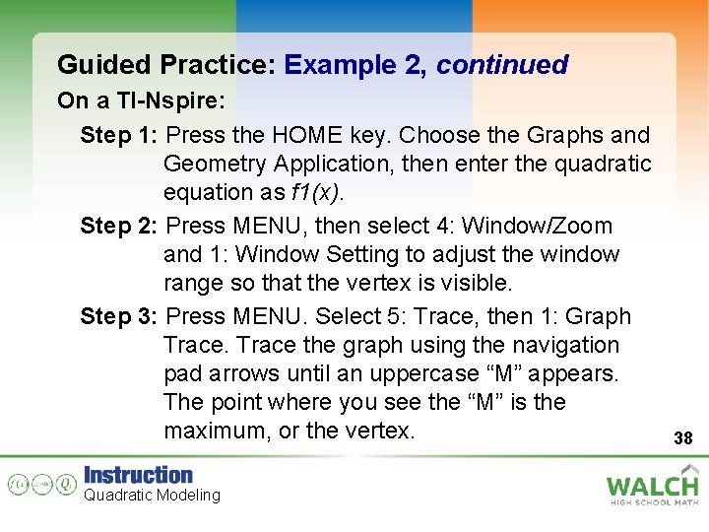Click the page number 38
(x=682, y=438)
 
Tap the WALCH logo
(x=652, y=485)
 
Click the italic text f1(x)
(x=316, y=191)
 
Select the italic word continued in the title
(x=502, y=65)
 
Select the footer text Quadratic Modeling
(x=152, y=495)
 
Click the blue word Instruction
(x=138, y=475)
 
